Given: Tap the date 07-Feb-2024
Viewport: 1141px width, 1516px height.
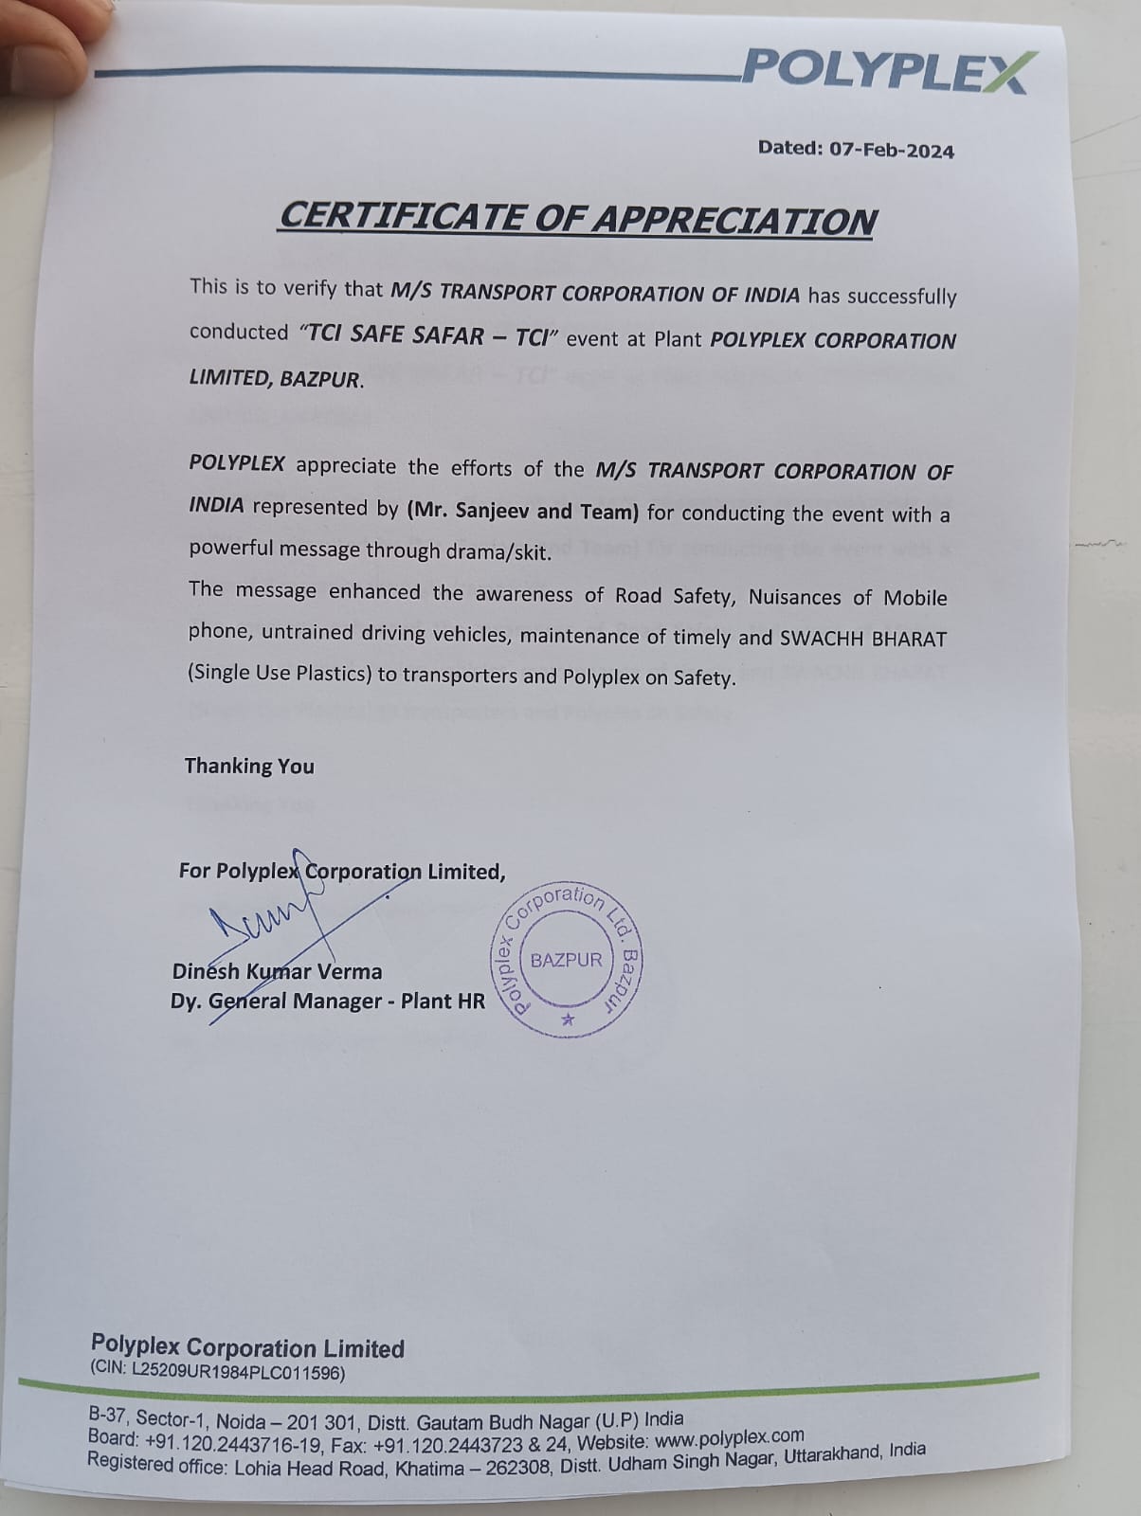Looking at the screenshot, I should (892, 150).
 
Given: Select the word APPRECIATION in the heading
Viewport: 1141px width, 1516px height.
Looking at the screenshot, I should (734, 220).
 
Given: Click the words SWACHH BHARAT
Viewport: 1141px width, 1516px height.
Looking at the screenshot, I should (862, 638).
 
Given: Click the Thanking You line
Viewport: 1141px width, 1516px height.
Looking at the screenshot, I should (249, 766).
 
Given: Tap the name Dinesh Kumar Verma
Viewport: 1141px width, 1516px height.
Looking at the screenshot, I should (278, 971).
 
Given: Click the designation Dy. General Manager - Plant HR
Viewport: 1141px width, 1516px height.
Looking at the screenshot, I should (327, 1002).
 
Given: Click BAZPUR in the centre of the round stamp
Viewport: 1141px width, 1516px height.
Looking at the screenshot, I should (566, 960).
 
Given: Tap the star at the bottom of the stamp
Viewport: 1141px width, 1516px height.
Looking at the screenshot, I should (568, 1020).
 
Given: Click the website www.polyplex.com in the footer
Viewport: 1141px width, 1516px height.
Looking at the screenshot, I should (730, 1438).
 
